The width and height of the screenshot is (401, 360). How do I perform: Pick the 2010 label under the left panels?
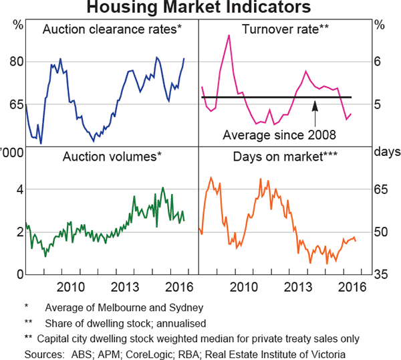point(70,288)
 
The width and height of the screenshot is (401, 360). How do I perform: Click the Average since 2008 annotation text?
point(279,134)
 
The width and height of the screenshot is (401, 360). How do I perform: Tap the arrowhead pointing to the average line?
point(315,104)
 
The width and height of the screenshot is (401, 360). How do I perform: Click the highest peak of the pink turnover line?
point(229,35)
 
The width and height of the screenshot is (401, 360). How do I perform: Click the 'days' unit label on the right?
point(385,152)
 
